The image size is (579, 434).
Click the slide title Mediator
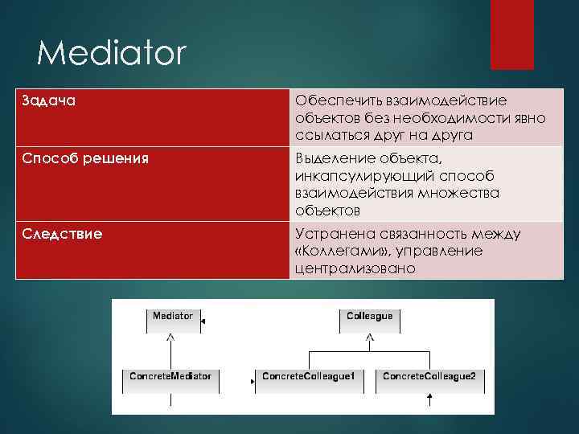[111, 55]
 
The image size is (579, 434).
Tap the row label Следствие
[62, 234]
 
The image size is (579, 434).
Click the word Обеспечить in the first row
[333, 100]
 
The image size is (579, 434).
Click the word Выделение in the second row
[330, 158]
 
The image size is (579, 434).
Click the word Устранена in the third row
[331, 234]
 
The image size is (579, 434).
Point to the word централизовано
[355, 268]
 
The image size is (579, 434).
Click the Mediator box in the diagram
[173, 320]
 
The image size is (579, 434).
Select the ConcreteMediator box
[170, 380]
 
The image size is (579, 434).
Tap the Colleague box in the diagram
[369, 320]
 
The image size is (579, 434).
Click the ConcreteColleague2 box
[429, 380]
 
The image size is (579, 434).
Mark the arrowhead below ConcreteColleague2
[431, 397]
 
